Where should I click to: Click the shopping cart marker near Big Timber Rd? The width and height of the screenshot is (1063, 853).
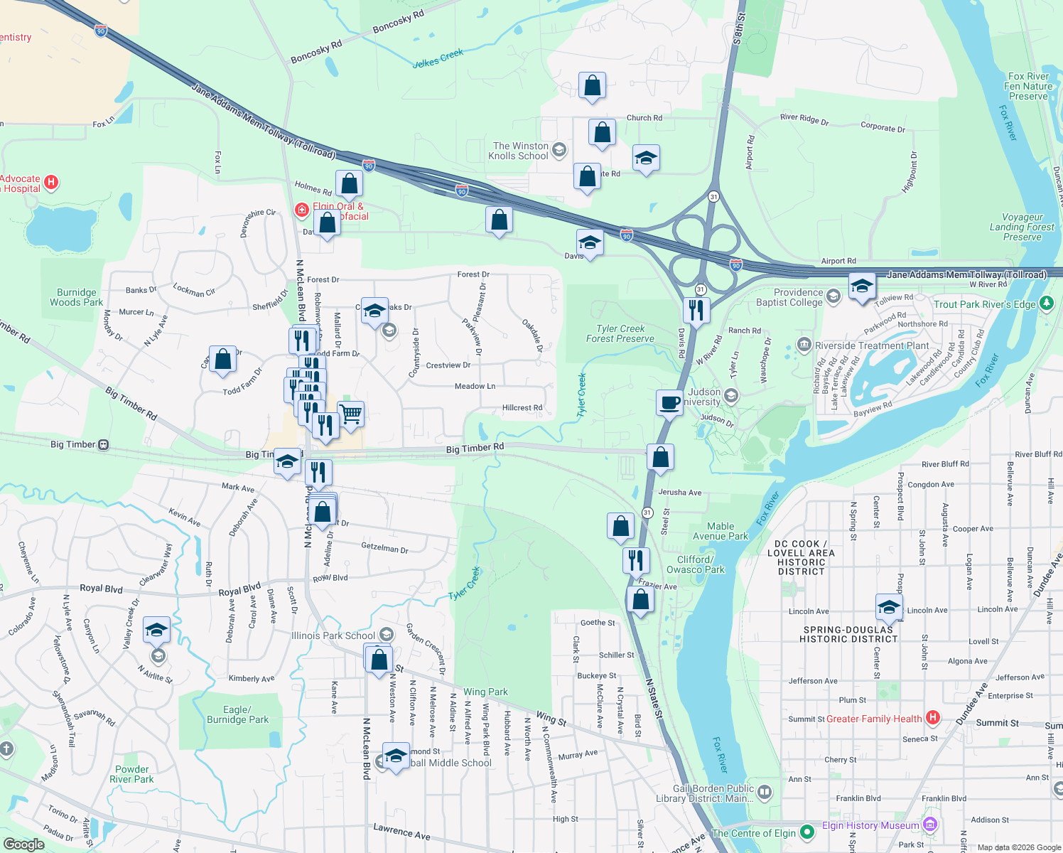tap(350, 413)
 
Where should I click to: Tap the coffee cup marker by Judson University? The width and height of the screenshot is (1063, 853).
tap(669, 403)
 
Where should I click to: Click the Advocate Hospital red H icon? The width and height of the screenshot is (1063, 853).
tap(51, 183)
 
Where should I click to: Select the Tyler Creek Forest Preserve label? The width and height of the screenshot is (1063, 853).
tap(620, 333)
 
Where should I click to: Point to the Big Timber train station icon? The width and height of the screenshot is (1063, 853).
tap(104, 444)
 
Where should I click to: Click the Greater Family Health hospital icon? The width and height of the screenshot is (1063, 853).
tap(933, 718)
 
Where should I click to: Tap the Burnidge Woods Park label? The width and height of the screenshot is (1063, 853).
tap(76, 297)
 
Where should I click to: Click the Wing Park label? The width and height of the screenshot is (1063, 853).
tap(485, 692)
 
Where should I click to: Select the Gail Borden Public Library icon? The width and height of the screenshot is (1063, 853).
tap(765, 791)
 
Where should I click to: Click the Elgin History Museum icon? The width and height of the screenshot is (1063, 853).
tap(929, 825)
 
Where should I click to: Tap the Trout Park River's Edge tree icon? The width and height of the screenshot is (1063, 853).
tap(1046, 304)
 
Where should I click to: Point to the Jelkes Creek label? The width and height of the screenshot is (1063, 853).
tap(438, 58)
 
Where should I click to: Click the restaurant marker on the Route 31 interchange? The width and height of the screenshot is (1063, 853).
tap(696, 310)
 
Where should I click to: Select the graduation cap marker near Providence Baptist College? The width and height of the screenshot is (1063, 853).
tap(861, 286)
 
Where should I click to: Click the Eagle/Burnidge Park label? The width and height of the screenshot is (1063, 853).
tap(237, 714)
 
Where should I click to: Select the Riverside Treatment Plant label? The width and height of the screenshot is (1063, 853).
tap(871, 345)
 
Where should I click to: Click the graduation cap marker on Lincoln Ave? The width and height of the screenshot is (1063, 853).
tap(888, 607)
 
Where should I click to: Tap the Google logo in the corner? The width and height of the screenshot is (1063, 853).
tap(23, 844)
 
